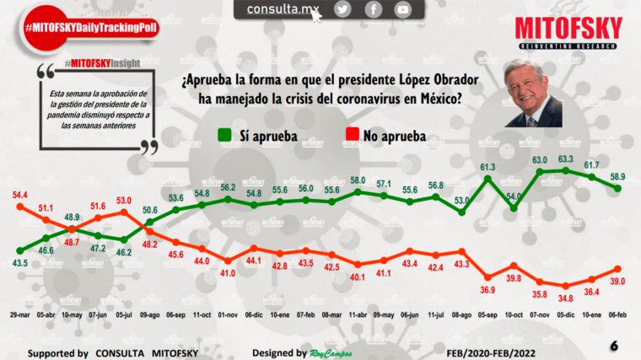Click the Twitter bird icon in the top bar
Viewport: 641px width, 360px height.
(x=342, y=9)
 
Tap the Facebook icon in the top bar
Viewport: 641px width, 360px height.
(x=373, y=9)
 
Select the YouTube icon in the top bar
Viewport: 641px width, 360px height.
(x=402, y=9)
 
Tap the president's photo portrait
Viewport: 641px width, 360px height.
(x=533, y=94)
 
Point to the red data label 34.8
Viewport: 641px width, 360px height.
(x=566, y=298)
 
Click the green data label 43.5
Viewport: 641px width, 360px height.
(x=18, y=263)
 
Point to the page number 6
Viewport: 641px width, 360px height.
(x=614, y=346)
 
